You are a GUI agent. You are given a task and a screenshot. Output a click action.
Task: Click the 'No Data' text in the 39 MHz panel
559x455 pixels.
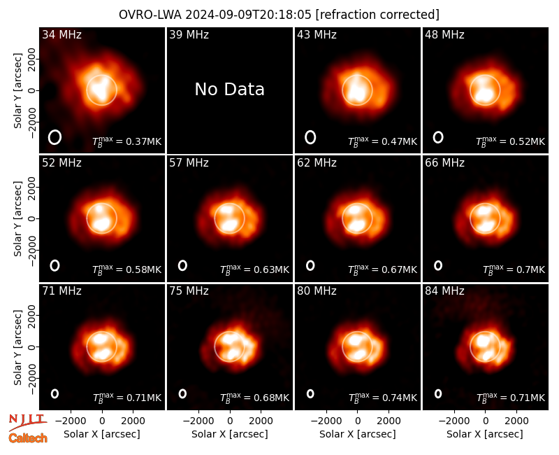pos(230,90)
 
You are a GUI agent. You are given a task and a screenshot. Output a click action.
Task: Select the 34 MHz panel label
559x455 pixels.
pos(61,34)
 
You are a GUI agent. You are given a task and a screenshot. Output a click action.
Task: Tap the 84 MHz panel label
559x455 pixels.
pos(444,291)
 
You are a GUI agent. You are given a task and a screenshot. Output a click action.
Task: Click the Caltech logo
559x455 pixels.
pos(28,438)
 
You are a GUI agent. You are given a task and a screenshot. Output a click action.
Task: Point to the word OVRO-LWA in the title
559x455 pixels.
pos(150,15)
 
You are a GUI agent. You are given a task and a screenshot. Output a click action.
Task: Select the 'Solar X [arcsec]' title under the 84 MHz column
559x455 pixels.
pos(485,434)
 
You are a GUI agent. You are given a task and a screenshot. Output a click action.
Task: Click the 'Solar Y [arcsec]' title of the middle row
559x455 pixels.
pos(17,218)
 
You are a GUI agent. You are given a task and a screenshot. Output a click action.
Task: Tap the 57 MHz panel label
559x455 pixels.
pos(189,163)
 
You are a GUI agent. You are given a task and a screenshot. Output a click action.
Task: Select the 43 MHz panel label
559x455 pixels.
pos(317,34)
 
